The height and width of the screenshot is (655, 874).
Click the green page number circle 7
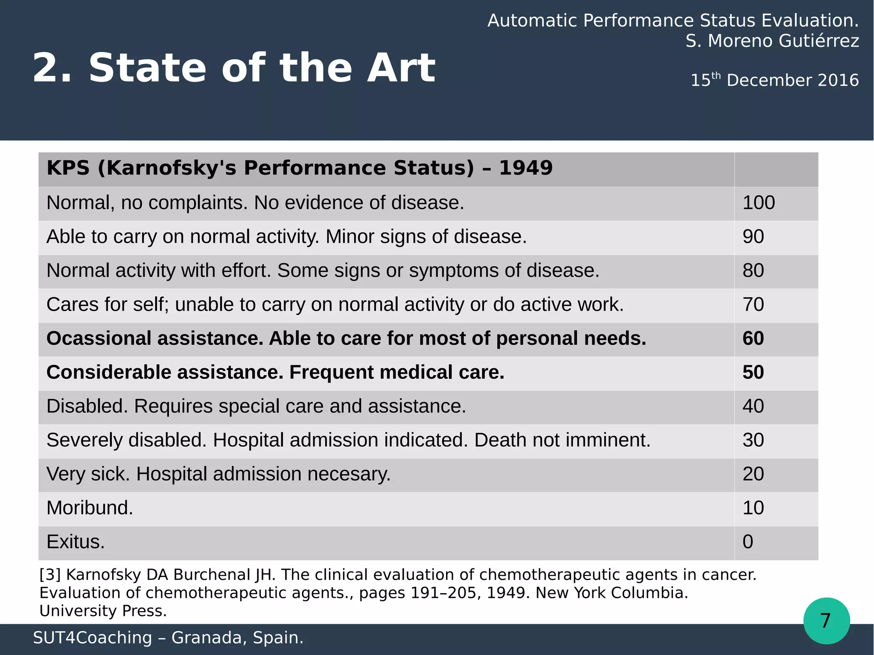pos(826,620)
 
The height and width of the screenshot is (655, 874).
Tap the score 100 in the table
pos(758,203)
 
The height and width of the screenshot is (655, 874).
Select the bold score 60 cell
pos(753,338)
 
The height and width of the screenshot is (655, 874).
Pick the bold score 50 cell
pos(753,372)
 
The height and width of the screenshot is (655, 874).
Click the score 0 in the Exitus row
pos(748,542)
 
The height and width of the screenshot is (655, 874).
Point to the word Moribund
pos(90,508)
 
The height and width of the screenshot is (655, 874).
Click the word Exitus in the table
pos(75,542)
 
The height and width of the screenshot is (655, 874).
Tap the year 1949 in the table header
pos(526,168)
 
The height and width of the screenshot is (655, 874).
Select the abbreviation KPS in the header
pos(68,168)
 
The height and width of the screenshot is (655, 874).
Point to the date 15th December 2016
pos(774,80)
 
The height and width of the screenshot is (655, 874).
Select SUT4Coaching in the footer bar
pos(92,638)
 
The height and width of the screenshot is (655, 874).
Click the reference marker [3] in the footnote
pos(50,575)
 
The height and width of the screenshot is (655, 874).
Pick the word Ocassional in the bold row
pos(99,338)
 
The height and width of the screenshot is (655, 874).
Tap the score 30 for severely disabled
pos(753,440)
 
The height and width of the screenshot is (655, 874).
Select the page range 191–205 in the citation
pos(443,593)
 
